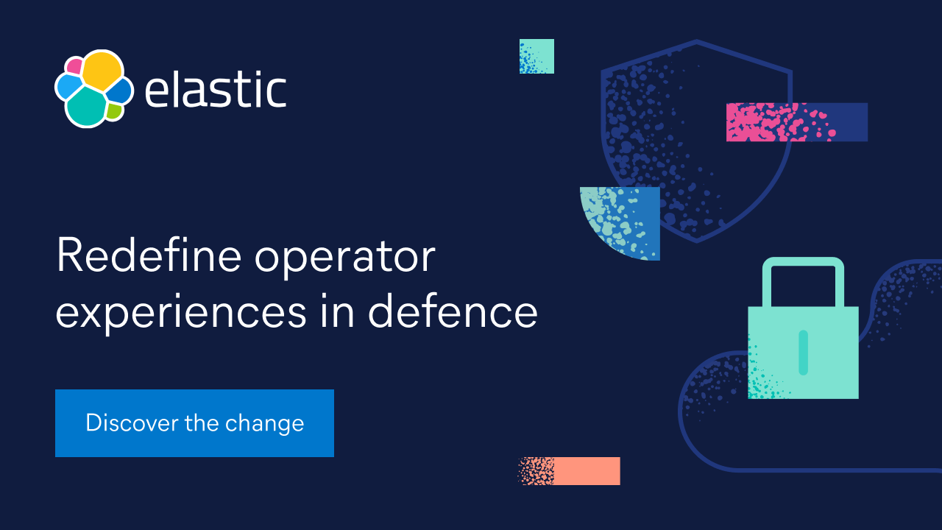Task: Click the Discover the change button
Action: [194, 423]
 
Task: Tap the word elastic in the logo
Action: [215, 90]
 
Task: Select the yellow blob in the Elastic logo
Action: [101, 71]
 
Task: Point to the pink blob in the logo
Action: [74, 66]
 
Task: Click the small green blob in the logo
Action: [113, 111]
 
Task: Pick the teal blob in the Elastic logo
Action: [87, 107]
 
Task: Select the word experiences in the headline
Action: [180, 313]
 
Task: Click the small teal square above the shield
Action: [536, 57]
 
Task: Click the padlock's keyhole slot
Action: [803, 352]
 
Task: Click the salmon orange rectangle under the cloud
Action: [570, 471]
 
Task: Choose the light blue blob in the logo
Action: [68, 88]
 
